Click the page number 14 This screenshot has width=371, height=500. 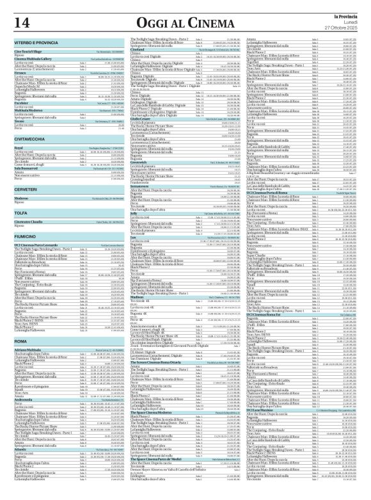(19, 23)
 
